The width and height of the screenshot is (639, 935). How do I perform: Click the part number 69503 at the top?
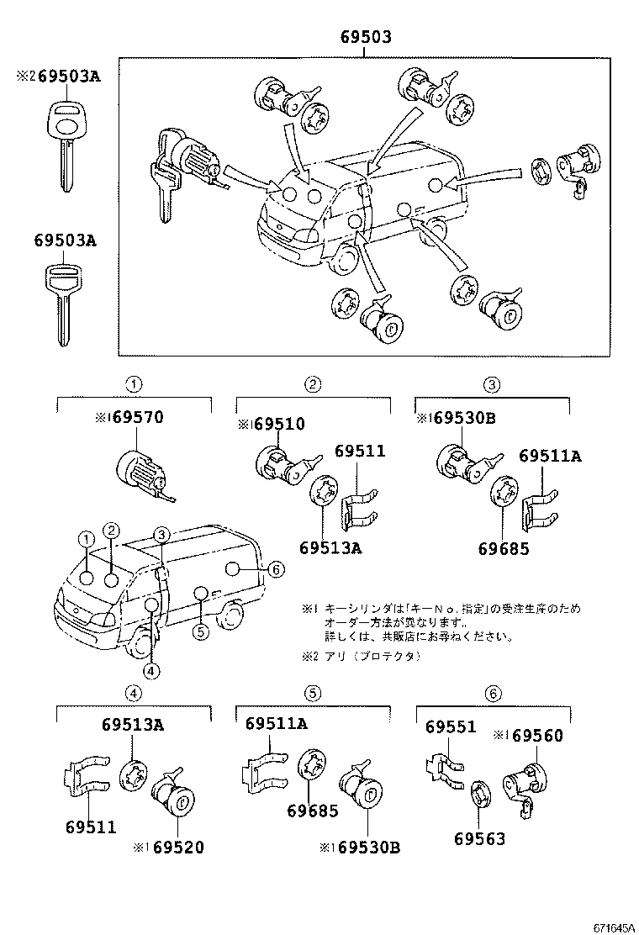click(x=365, y=37)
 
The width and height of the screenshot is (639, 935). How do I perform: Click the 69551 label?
click(x=450, y=727)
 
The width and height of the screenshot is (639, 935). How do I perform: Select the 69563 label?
click(x=479, y=838)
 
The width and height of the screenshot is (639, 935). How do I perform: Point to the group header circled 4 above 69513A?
click(x=133, y=694)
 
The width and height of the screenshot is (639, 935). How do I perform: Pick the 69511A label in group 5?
click(x=277, y=724)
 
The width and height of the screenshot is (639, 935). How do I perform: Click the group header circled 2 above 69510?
click(x=313, y=385)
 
